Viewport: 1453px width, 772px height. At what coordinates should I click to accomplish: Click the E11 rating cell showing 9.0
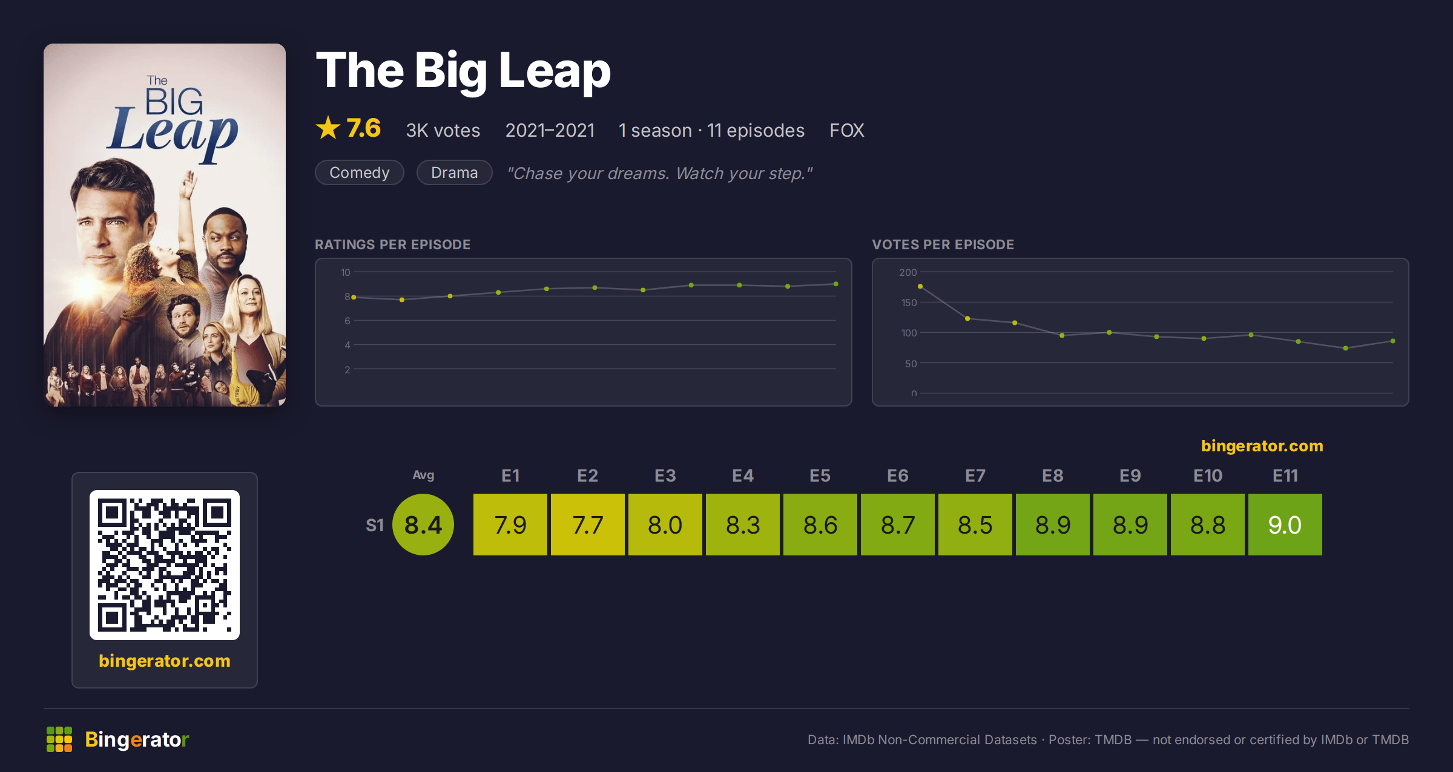1285,525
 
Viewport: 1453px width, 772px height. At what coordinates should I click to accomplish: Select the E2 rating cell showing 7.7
587,525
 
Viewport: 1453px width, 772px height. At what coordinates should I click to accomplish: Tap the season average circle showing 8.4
423,525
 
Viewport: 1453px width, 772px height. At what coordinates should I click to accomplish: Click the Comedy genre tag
360,172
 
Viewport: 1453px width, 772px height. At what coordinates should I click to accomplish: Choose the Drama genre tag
455,172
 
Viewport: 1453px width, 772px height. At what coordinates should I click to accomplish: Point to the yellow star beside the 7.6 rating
328,128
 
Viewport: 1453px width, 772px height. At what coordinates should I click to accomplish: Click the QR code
165,565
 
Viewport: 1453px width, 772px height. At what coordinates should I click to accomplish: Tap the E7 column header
975,476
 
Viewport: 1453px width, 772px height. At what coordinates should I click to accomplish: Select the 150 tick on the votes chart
909,303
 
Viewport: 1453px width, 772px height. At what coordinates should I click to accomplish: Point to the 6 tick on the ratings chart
348,321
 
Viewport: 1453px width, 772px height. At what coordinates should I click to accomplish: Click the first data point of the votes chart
920,286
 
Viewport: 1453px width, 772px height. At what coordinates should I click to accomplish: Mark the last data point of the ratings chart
836,284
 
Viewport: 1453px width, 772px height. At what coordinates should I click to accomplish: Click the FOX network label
846,130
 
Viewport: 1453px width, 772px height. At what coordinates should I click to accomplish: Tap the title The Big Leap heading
463,71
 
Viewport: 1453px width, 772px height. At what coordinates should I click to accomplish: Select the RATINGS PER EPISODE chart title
392,244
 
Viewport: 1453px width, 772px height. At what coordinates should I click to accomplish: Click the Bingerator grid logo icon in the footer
59,739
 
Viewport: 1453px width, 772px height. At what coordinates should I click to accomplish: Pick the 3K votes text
443,130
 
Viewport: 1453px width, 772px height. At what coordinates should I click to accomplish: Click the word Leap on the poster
173,133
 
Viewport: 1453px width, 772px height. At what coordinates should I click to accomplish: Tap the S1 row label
375,525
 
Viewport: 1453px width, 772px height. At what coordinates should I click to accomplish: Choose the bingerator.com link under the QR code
165,661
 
